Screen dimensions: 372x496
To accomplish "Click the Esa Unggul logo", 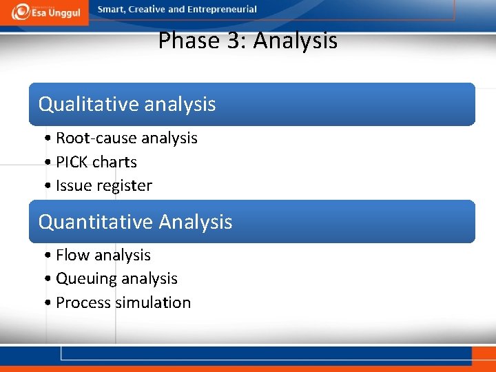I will pos(45,12).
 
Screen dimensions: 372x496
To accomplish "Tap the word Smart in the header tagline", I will pos(112,10).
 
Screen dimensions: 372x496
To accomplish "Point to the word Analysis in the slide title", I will pos(296,41).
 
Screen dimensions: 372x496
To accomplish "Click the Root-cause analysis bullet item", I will pos(126,138).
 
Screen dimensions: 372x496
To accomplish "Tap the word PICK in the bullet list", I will pos(72,162).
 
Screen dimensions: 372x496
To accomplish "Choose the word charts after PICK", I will pos(114,162).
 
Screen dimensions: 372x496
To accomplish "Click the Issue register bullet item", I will pos(103,185).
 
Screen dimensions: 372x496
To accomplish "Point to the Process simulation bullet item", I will pos(123,302).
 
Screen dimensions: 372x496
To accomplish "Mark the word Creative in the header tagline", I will pos(147,10).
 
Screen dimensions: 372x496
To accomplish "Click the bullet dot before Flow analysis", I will pos(46,256).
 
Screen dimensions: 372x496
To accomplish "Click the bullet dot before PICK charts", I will pos(46,163).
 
